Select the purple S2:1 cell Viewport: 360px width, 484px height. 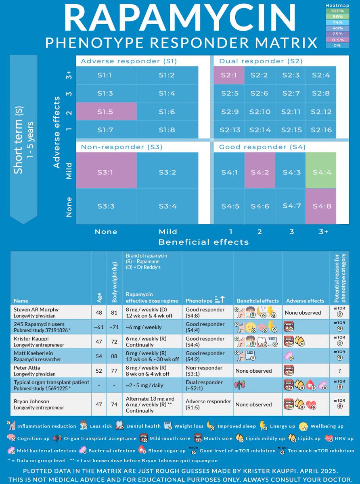point(229,75)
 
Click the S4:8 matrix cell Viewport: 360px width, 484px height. point(321,206)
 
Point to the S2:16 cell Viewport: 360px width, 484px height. point(321,129)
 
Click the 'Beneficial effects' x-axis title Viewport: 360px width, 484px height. point(203,242)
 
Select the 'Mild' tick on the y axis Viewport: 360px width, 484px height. point(69,171)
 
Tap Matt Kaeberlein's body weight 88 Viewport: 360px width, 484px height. point(114,356)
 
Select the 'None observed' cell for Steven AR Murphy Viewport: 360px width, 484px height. point(303,312)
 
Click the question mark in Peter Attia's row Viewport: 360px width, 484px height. point(339,371)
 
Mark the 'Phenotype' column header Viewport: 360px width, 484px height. point(199,300)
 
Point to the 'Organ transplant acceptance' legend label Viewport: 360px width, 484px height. point(111,438)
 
